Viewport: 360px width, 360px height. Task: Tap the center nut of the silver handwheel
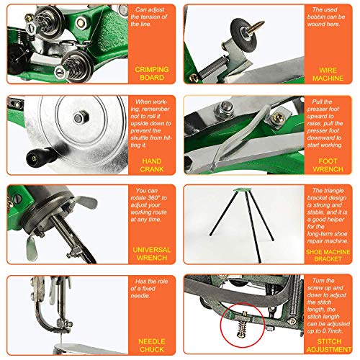pos(77,116)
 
